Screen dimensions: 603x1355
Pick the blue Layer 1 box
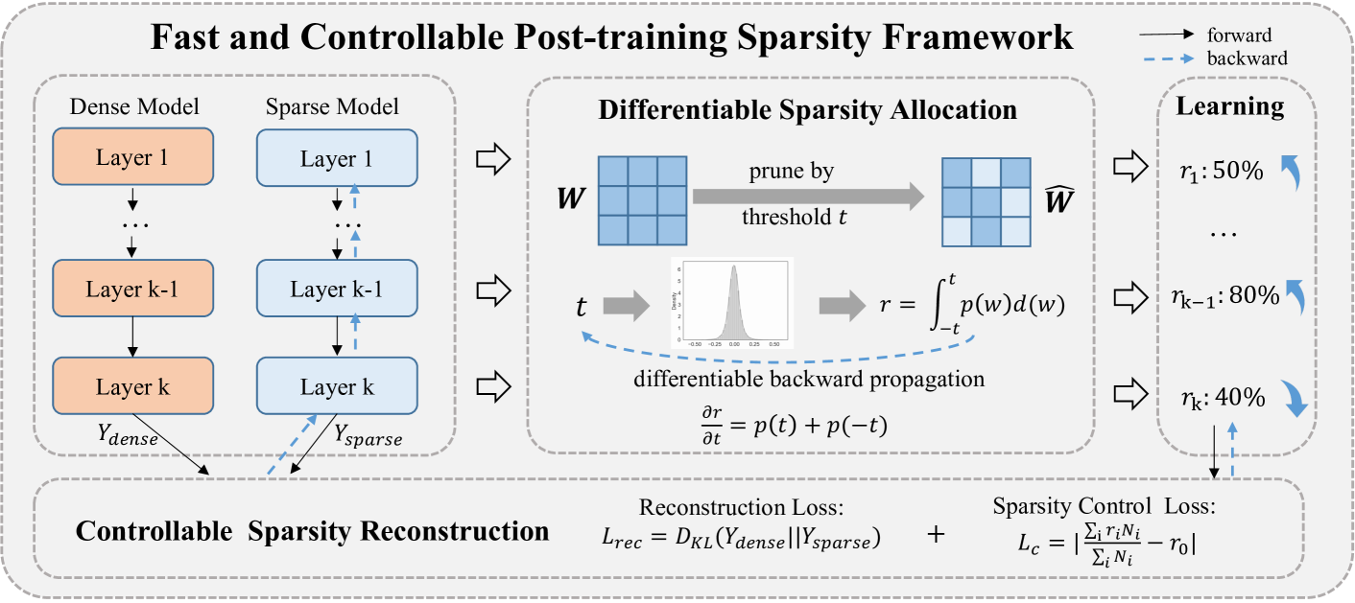[x=336, y=158]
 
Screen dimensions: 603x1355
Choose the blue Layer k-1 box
[x=336, y=289]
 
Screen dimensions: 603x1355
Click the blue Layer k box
[x=336, y=387]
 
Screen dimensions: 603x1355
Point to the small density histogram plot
[x=731, y=304]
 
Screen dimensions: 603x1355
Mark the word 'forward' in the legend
[x=1240, y=35]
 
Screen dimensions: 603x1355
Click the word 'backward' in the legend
[x=1248, y=58]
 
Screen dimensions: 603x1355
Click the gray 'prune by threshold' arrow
[x=808, y=197]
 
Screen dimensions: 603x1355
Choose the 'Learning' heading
[x=1231, y=106]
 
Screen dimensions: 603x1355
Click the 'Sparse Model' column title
[x=332, y=106]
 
